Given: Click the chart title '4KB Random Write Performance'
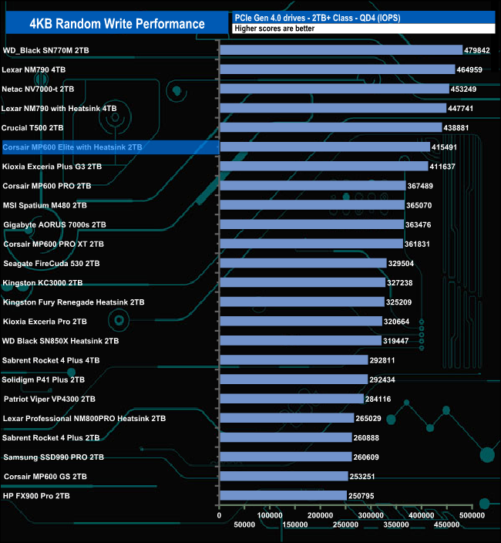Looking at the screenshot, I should [x=117, y=23].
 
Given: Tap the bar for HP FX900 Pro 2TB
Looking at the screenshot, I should [x=283, y=495].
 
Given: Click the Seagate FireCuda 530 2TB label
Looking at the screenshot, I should [x=52, y=263].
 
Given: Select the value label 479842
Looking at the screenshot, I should [x=476, y=50].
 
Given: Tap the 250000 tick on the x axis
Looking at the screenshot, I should [x=345, y=525].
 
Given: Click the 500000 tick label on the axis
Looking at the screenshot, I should [x=471, y=514].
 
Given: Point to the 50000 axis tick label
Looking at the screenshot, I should [x=245, y=525].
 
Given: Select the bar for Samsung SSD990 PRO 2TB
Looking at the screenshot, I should [x=285, y=457].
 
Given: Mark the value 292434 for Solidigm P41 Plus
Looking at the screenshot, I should [x=386, y=379].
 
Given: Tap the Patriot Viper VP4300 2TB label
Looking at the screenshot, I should [x=49, y=399].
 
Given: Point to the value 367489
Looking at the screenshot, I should [x=425, y=185].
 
